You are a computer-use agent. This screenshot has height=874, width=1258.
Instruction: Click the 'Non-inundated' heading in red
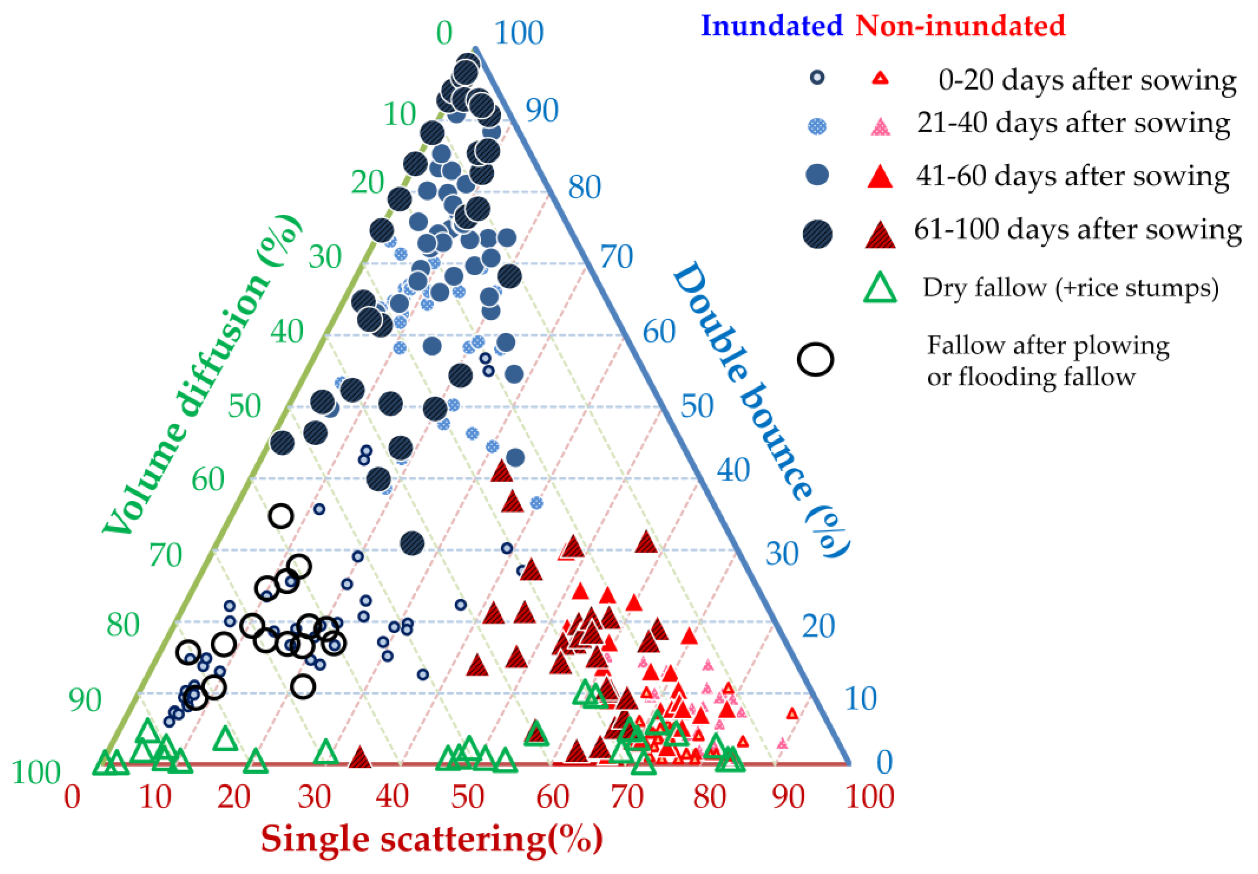click(x=960, y=26)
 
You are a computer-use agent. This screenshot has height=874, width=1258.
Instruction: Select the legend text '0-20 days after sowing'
click(x=1087, y=81)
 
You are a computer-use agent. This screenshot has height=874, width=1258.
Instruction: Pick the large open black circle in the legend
click(x=815, y=360)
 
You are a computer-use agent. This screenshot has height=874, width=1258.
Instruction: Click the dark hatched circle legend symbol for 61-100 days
click(x=818, y=234)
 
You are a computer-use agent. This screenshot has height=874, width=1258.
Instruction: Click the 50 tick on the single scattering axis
click(x=467, y=797)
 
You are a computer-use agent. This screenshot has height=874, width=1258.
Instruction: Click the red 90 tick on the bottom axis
click(x=788, y=797)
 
